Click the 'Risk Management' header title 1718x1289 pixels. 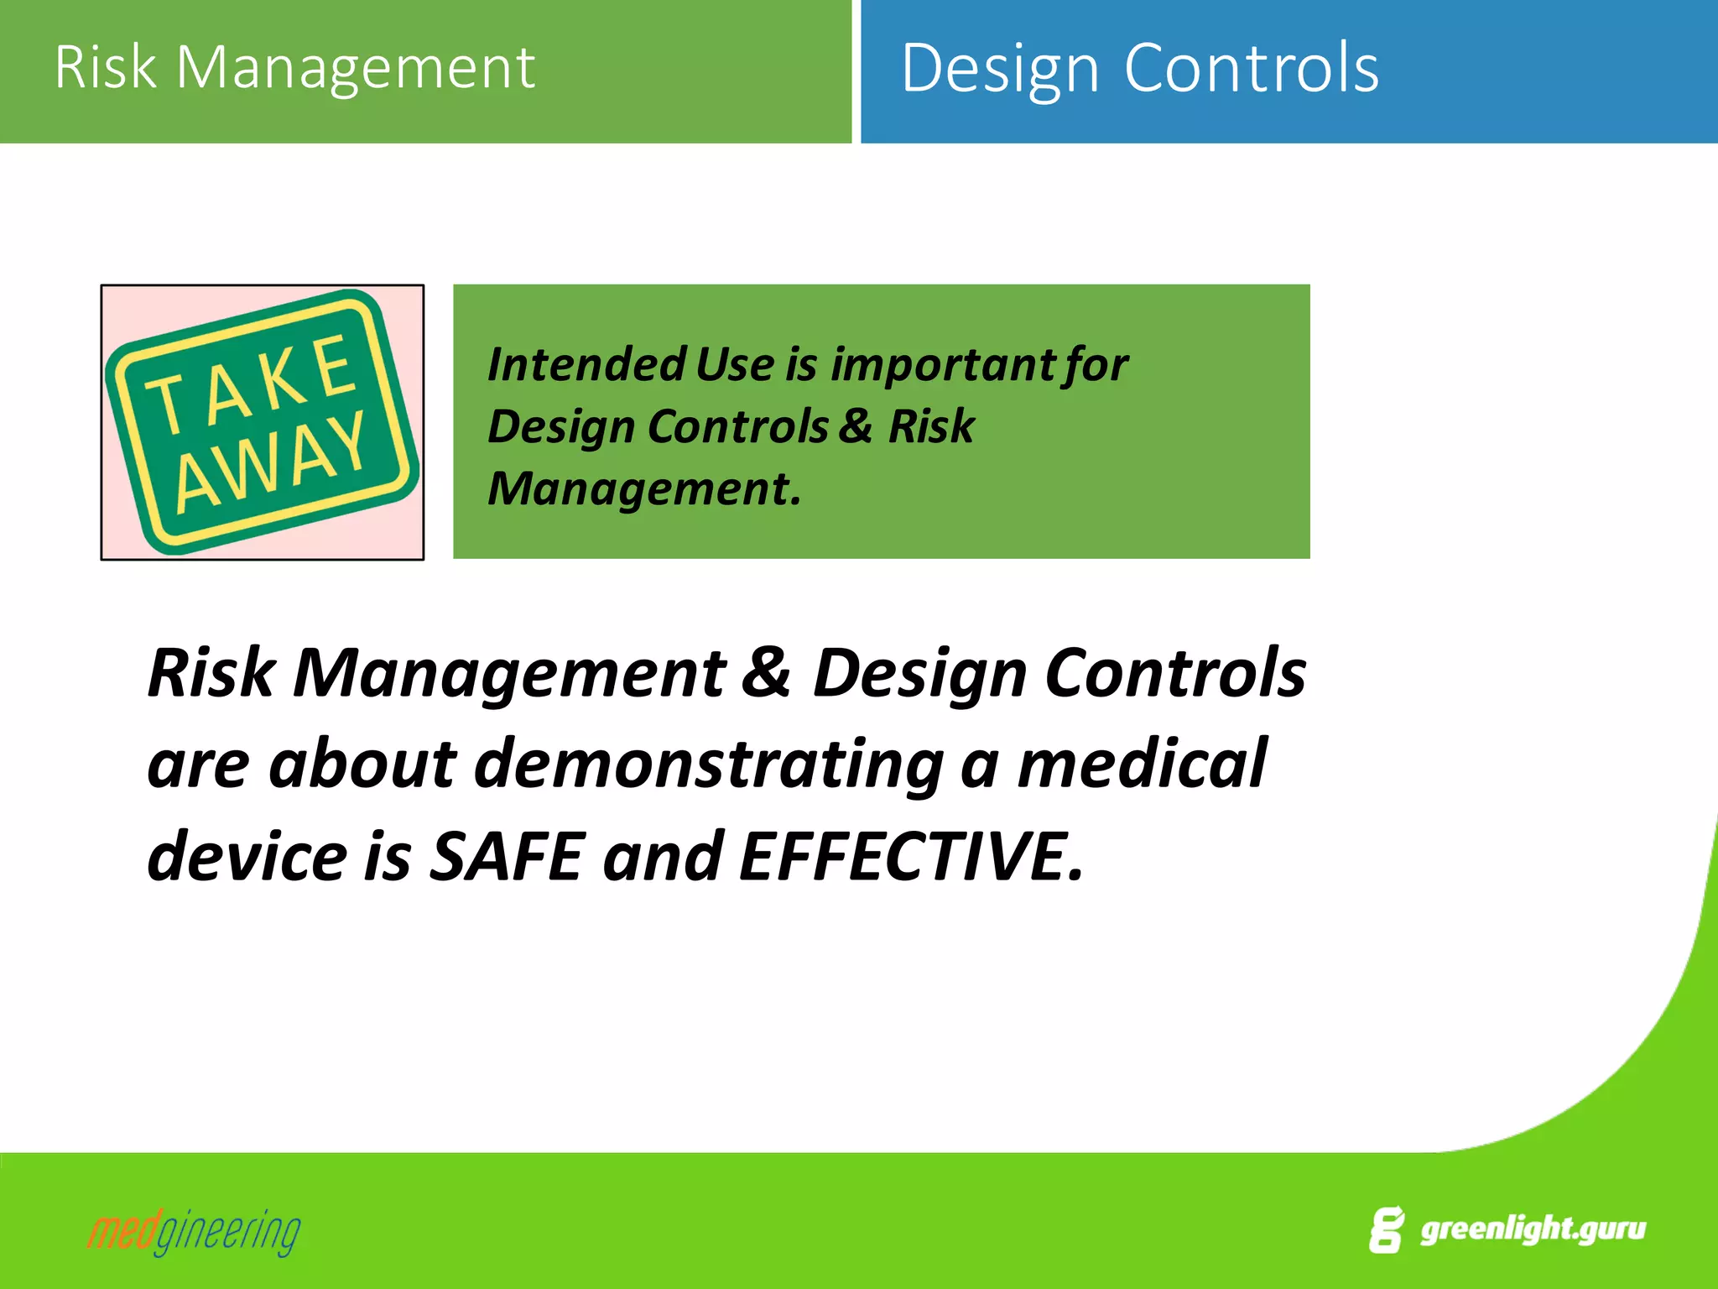click(294, 67)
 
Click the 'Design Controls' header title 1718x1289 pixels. click(1139, 68)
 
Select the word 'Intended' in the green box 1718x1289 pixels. click(586, 365)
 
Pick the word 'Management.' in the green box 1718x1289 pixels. click(643, 488)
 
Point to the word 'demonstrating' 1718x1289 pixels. click(709, 765)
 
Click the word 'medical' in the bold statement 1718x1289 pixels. click(1141, 763)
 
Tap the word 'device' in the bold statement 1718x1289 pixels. click(247, 857)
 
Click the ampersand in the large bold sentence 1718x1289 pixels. click(766, 672)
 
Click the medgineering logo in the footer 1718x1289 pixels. click(194, 1232)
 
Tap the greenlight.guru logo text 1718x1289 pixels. click(1532, 1229)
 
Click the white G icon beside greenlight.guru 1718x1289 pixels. click(1386, 1230)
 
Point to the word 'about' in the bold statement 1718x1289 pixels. click(362, 765)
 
